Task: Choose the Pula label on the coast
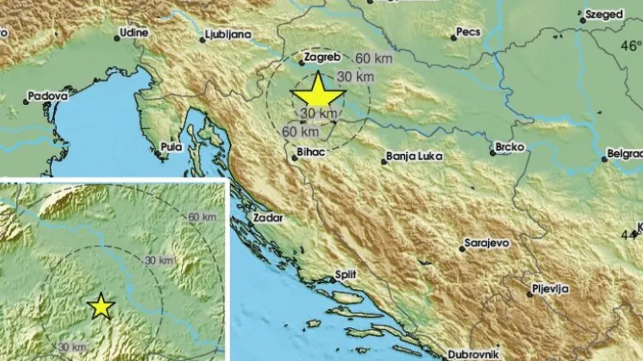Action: click(x=171, y=147)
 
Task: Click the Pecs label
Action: click(x=468, y=32)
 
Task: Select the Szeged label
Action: click(x=603, y=14)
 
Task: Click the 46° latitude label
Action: click(x=630, y=45)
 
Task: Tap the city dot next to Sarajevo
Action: click(x=459, y=249)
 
